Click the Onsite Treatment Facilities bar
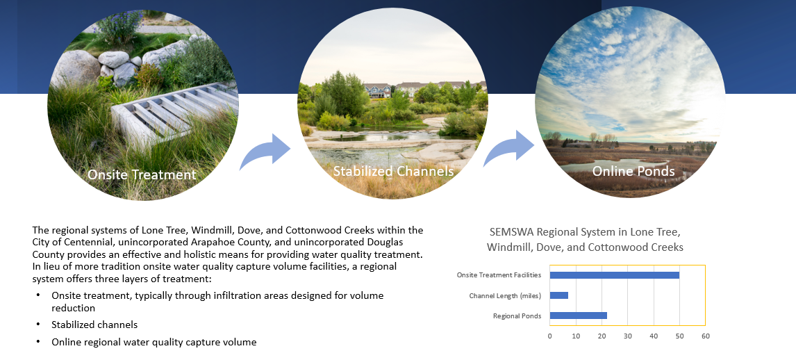[x=614, y=275]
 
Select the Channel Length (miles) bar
[x=559, y=295]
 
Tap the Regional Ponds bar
[x=578, y=316]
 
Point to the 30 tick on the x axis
[x=627, y=336]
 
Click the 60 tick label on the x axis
[x=706, y=336]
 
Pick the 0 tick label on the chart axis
[x=550, y=336]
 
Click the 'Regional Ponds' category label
[x=517, y=316]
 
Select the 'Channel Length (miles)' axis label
[x=505, y=295]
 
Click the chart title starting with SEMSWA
[x=585, y=240]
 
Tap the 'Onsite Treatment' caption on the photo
[x=142, y=174]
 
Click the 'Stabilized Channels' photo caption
[x=393, y=171]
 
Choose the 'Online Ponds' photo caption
[x=633, y=171]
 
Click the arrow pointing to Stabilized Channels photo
[x=265, y=152]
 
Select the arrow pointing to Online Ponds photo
[x=508, y=148]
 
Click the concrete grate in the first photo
[x=172, y=113]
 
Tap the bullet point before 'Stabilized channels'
[x=38, y=325]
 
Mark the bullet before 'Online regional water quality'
[x=38, y=342]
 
